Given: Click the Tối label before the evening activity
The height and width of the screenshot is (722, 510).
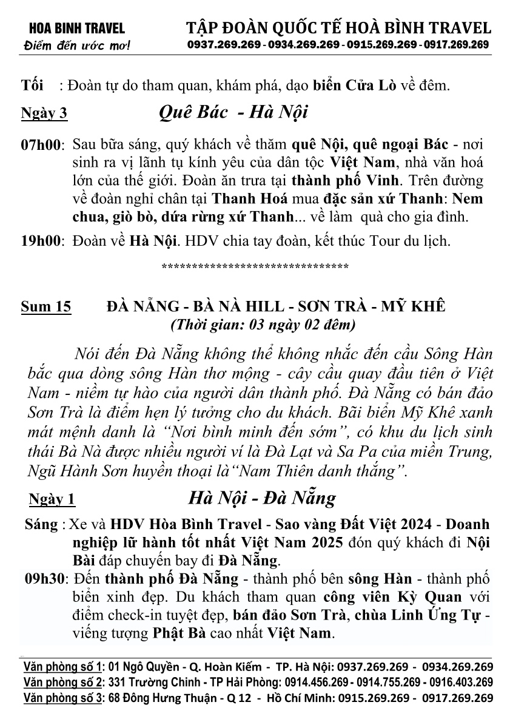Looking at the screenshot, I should coord(32,85).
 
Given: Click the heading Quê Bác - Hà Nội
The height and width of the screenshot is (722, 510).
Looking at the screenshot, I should coord(233,112).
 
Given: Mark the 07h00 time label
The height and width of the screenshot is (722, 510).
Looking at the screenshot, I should coord(42,146).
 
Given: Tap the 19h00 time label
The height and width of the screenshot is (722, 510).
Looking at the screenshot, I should coord(42,241).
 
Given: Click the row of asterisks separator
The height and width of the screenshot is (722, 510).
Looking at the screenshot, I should coord(255,266).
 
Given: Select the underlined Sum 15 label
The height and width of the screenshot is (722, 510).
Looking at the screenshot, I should coord(46,306).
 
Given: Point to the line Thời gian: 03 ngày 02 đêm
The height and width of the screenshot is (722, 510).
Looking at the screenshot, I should coord(263,325).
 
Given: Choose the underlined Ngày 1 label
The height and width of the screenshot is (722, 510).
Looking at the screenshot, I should coord(52,499).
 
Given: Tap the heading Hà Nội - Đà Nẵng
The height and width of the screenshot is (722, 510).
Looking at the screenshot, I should coord(262,498).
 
